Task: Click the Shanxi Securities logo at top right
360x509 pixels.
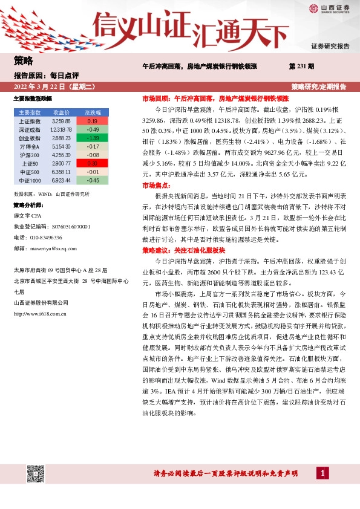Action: [327, 8]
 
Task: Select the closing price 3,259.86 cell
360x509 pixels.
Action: [62, 121]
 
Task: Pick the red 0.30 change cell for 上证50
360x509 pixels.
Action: [93, 163]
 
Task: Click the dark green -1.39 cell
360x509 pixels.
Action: [93, 138]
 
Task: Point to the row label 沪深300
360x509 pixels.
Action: [30, 155]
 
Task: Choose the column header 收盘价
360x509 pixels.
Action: [62, 112]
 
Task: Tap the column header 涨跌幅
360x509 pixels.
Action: [93, 112]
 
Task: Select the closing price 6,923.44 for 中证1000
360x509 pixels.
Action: [62, 180]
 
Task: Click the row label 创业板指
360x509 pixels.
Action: [30, 138]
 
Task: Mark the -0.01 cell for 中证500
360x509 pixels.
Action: [93, 172]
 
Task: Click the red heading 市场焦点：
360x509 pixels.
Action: [156, 186]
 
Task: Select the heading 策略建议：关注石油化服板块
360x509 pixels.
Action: [183, 250]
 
